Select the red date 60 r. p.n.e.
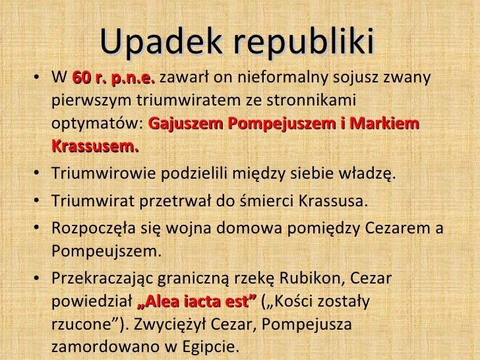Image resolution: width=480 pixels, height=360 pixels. (x=113, y=80)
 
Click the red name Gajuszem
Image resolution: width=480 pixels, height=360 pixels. (x=182, y=125)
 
